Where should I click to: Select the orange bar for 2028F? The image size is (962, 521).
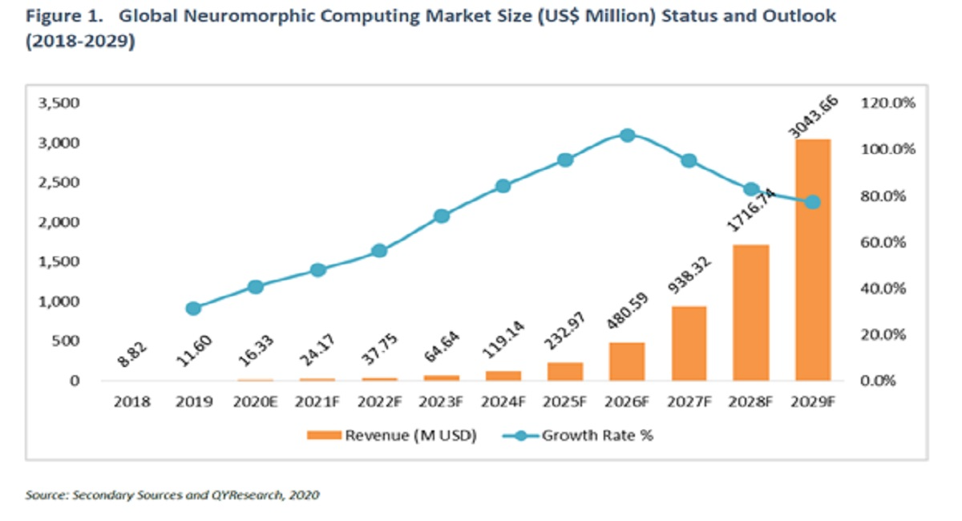click(751, 313)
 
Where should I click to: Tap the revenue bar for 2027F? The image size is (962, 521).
click(689, 343)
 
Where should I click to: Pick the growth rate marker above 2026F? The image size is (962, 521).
click(628, 135)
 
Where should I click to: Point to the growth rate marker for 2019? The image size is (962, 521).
click(193, 309)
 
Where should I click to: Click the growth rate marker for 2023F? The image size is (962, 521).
click(442, 216)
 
